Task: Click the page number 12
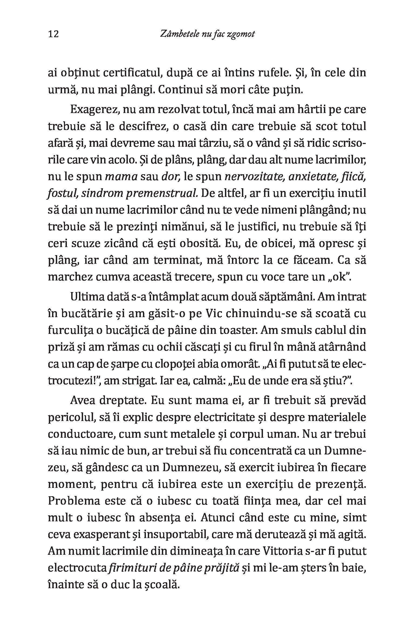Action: [53, 34]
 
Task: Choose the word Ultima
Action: [86, 297]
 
